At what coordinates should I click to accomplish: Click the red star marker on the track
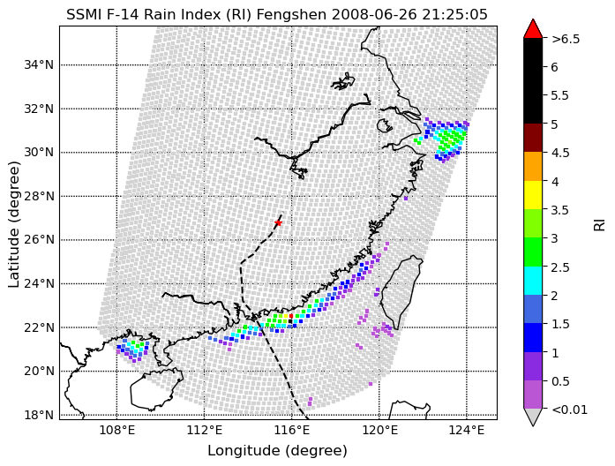pyautogui.click(x=278, y=222)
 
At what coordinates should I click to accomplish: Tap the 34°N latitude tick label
pyautogui.click(x=39, y=64)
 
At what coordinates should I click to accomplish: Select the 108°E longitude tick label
pyautogui.click(x=116, y=431)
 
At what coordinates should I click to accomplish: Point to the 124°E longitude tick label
pyautogui.click(x=467, y=431)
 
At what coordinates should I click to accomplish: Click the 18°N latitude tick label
pyautogui.click(x=39, y=415)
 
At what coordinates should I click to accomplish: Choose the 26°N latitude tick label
pyautogui.click(x=39, y=240)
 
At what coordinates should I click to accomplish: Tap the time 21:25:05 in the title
pyautogui.click(x=454, y=15)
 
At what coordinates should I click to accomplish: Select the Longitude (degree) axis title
pyautogui.click(x=277, y=451)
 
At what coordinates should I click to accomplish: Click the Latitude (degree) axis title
pyautogui.click(x=13, y=224)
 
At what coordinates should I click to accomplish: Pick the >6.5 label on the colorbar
pyautogui.click(x=566, y=39)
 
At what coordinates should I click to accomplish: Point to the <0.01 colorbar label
pyautogui.click(x=569, y=410)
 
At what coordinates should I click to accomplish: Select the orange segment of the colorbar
pyautogui.click(x=533, y=167)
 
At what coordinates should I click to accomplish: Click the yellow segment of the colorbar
pyautogui.click(x=533, y=195)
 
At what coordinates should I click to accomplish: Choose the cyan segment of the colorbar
pyautogui.click(x=533, y=281)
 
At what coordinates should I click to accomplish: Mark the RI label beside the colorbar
pyautogui.click(x=599, y=225)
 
